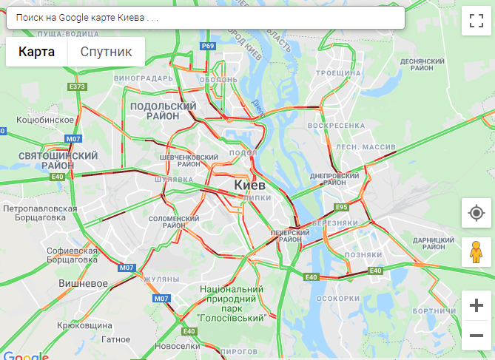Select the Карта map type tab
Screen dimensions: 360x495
[x=37, y=52]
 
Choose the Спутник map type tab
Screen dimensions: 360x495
[x=106, y=52]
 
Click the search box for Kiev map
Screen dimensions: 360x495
[x=205, y=17]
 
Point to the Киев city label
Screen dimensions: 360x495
[x=249, y=185]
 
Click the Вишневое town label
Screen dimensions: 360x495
[x=84, y=283]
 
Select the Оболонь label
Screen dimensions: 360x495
[x=218, y=80]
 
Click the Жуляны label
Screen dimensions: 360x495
[x=161, y=279]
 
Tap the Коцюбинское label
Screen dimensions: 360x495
[x=45, y=119]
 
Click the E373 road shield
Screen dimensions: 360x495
[x=77, y=87]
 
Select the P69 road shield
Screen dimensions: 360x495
[x=208, y=46]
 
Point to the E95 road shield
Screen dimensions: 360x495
[x=341, y=207]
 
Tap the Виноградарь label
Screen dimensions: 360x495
[x=149, y=78]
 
